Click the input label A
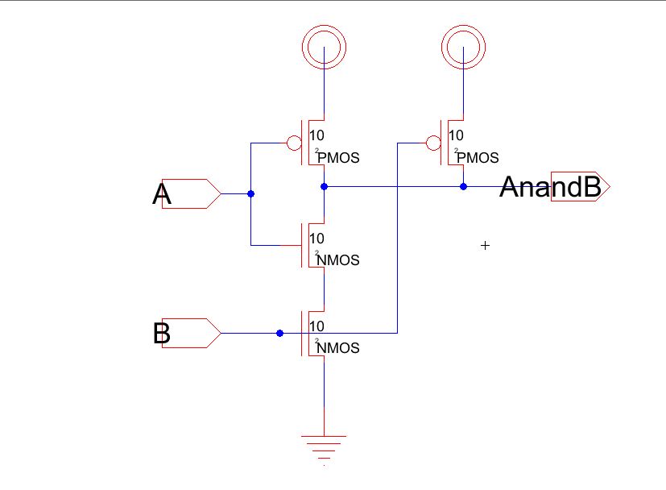(x=162, y=194)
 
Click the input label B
(x=161, y=333)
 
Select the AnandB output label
(x=550, y=187)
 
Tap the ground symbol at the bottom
(x=324, y=444)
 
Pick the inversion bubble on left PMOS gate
(x=295, y=143)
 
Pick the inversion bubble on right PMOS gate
(x=433, y=143)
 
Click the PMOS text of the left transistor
(x=338, y=158)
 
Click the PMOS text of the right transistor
(x=478, y=158)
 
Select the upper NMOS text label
(x=338, y=260)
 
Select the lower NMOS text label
(x=338, y=348)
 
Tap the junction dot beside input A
(x=251, y=194)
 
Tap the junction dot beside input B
(x=279, y=333)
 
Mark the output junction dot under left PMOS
(x=324, y=187)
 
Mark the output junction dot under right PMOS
(x=463, y=187)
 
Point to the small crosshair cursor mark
(x=485, y=245)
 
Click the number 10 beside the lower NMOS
(x=316, y=326)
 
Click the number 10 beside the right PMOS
(x=456, y=135)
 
